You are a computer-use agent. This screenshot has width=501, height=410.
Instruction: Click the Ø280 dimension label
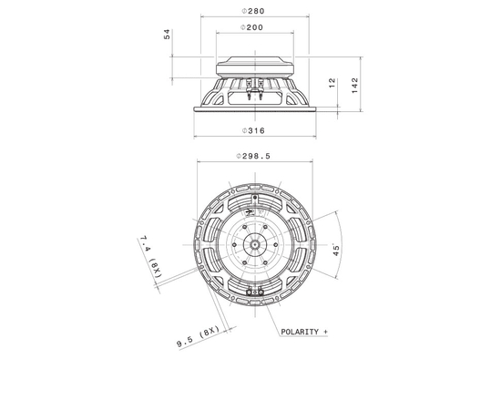point(252,11)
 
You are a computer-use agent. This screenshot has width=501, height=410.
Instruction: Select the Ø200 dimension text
point(252,28)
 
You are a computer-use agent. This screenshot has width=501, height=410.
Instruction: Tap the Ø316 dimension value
point(252,128)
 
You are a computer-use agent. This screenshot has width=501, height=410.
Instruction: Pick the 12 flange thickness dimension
point(332,83)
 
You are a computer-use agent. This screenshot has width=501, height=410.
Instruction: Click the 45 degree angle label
point(336,251)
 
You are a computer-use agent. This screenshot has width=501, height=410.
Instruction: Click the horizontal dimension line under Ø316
point(252,137)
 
